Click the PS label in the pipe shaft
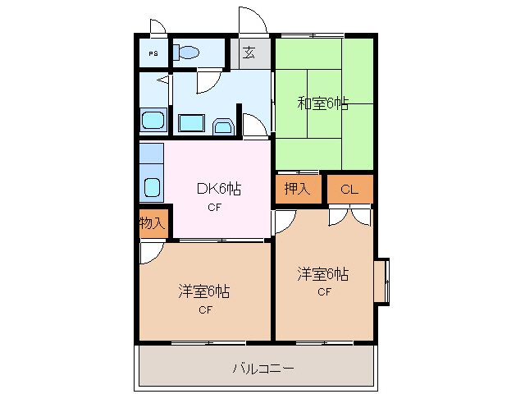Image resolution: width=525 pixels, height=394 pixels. (x=153, y=53)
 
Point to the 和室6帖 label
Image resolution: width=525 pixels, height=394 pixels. (x=322, y=103)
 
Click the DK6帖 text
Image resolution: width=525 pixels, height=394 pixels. (x=218, y=189)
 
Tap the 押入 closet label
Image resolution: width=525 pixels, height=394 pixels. (x=297, y=189)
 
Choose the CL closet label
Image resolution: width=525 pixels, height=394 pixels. (x=349, y=190)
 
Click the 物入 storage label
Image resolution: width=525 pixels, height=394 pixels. (x=152, y=222)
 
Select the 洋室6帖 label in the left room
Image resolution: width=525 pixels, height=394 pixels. (x=204, y=291)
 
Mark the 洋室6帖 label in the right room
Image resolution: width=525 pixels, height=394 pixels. (x=323, y=273)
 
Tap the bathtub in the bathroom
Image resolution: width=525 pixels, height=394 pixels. (x=153, y=121)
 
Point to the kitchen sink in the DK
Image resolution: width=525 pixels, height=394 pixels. (x=153, y=186)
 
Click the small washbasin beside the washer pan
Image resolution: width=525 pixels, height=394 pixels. (x=222, y=126)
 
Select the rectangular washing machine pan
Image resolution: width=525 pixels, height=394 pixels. (x=192, y=124)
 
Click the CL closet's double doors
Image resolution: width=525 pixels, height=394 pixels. (x=349, y=216)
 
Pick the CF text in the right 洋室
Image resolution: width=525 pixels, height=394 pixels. (x=324, y=291)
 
